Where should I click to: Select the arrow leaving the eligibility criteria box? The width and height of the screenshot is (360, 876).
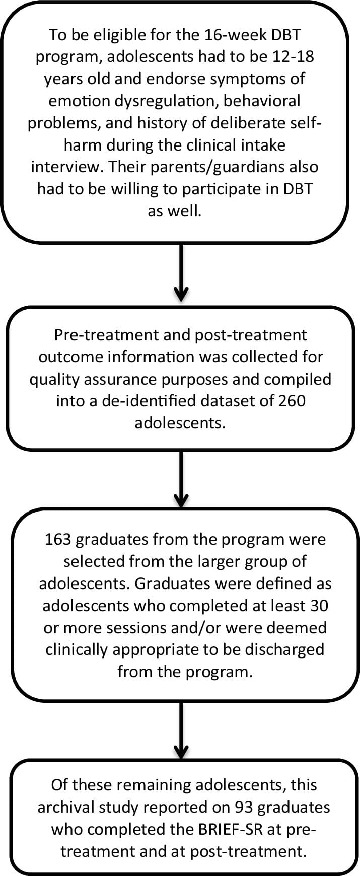180,274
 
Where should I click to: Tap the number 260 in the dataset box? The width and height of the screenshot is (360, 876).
289,401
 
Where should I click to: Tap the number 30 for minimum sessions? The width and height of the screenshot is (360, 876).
317,605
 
